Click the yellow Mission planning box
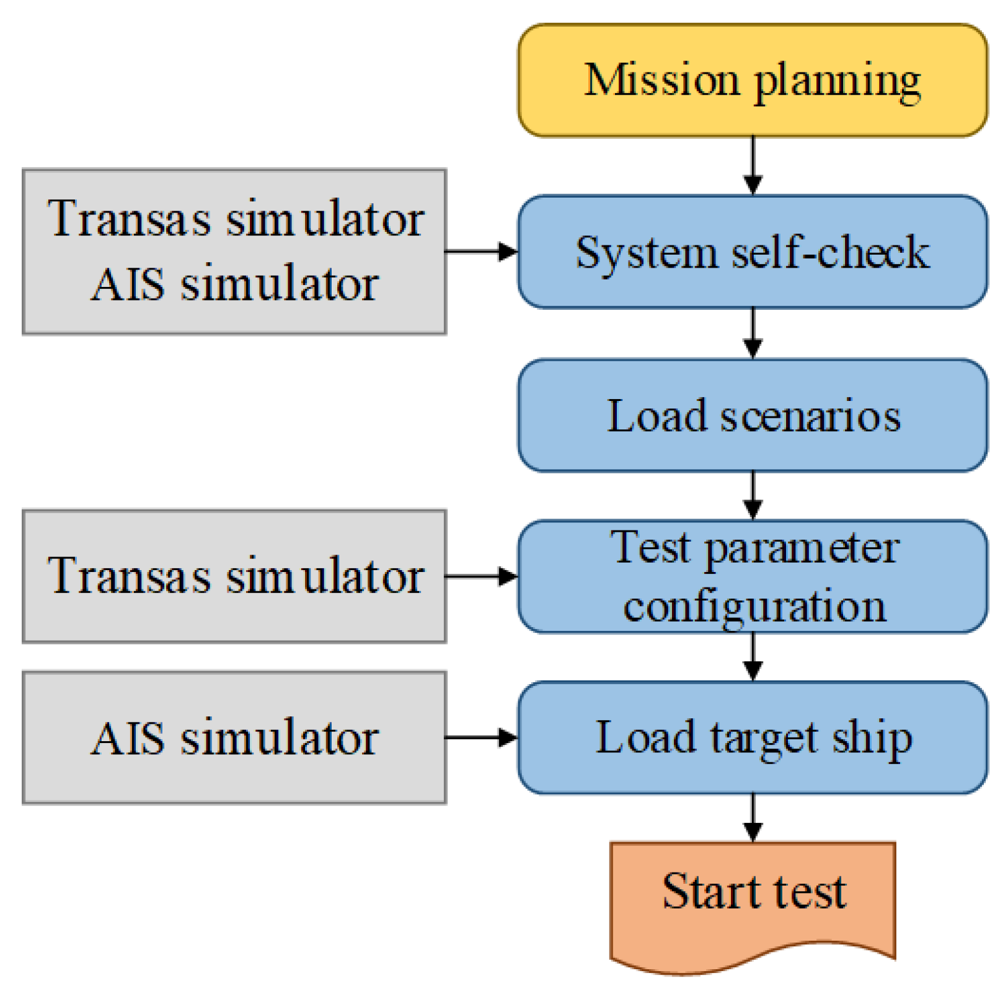pyautogui.click(x=752, y=81)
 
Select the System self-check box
pyautogui.click(x=752, y=252)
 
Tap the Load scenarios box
pyautogui.click(x=752, y=415)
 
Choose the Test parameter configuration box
pyautogui.click(x=752, y=576)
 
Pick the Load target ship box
pyautogui.click(x=752, y=737)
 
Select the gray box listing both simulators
pyautogui.click(x=234, y=252)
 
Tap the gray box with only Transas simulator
pyautogui.click(x=234, y=576)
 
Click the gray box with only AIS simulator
pyautogui.click(x=234, y=737)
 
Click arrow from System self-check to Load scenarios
pyautogui.click(x=753, y=333)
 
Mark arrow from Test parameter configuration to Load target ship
pyautogui.click(x=753, y=657)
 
